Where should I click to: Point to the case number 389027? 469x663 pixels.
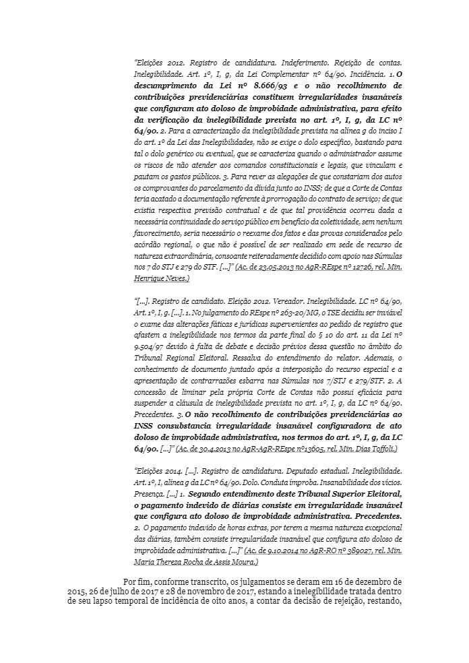coord(342,550)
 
